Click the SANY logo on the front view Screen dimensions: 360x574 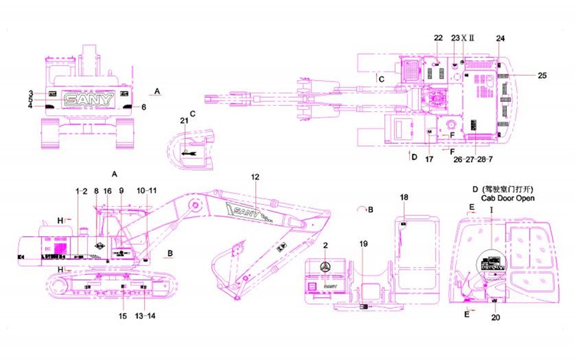(x=89, y=99)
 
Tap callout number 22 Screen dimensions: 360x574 (x=438, y=38)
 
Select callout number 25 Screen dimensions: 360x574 (x=542, y=75)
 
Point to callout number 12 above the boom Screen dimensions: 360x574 (x=255, y=177)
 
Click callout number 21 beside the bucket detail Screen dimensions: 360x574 (x=184, y=120)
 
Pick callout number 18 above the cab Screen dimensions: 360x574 (x=404, y=197)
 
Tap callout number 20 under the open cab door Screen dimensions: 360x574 (x=495, y=317)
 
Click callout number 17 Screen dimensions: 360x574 (x=429, y=160)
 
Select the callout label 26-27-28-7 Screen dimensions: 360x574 (x=472, y=160)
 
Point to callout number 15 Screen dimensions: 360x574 (x=123, y=316)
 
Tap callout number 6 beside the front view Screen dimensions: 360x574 (x=144, y=107)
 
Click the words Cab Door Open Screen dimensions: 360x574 (x=507, y=198)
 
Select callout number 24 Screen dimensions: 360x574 (x=500, y=38)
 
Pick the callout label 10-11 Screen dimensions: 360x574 (x=147, y=190)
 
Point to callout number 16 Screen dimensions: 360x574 (x=108, y=190)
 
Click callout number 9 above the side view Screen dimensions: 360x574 (x=122, y=190)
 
